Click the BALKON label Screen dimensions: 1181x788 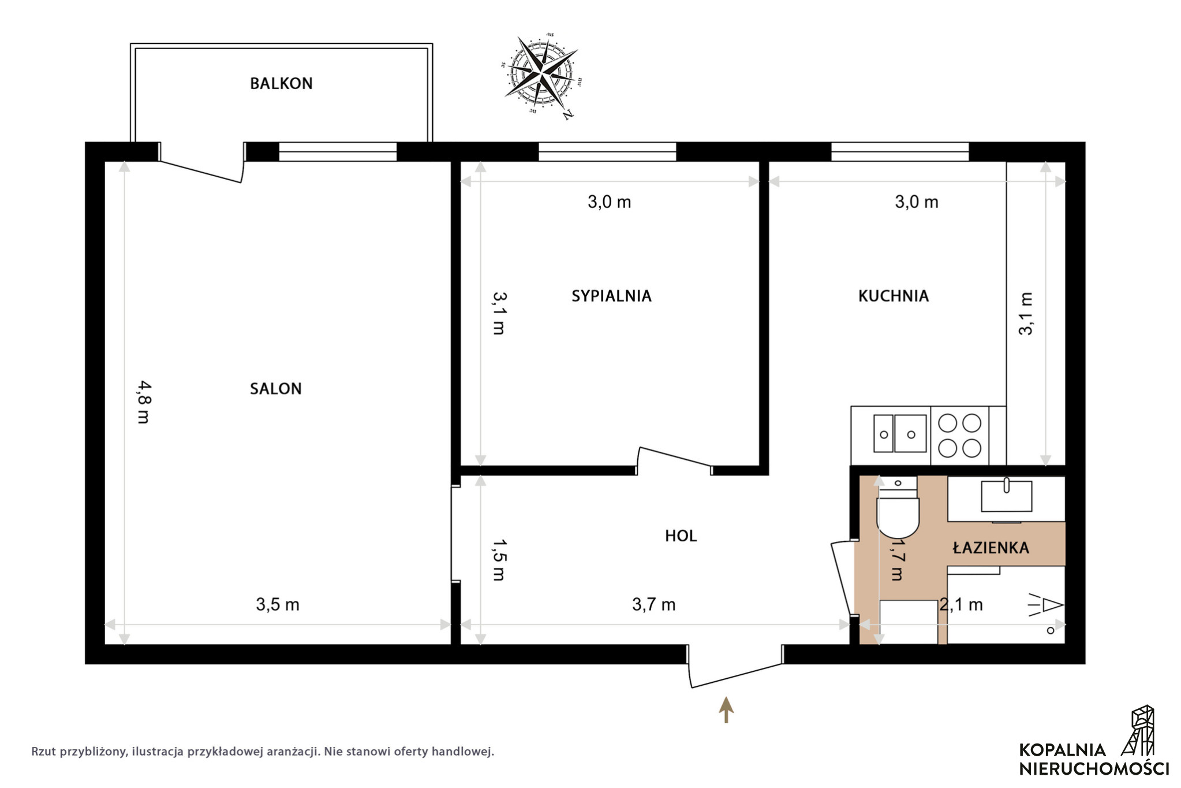coord(281,84)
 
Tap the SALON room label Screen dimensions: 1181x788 coord(275,389)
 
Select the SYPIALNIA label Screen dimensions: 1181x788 coord(611,296)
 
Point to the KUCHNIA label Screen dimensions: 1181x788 coord(893,296)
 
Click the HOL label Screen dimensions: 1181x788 coord(681,536)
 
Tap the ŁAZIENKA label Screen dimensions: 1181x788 coord(991,547)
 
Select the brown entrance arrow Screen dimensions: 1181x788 coord(726,710)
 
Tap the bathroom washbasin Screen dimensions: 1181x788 coord(1006,495)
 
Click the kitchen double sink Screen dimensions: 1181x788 coord(900,433)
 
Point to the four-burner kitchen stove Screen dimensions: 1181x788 coord(959,435)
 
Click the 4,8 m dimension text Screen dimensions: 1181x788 coord(144,402)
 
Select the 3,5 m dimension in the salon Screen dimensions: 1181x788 coord(278,605)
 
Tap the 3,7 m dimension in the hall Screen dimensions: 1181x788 coord(653,605)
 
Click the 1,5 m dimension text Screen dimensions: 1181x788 coord(499,560)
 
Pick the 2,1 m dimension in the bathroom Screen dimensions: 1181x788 coord(961,605)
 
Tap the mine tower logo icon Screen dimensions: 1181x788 coord(1138,731)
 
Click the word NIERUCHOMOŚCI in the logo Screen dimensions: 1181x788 coord(1094,769)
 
